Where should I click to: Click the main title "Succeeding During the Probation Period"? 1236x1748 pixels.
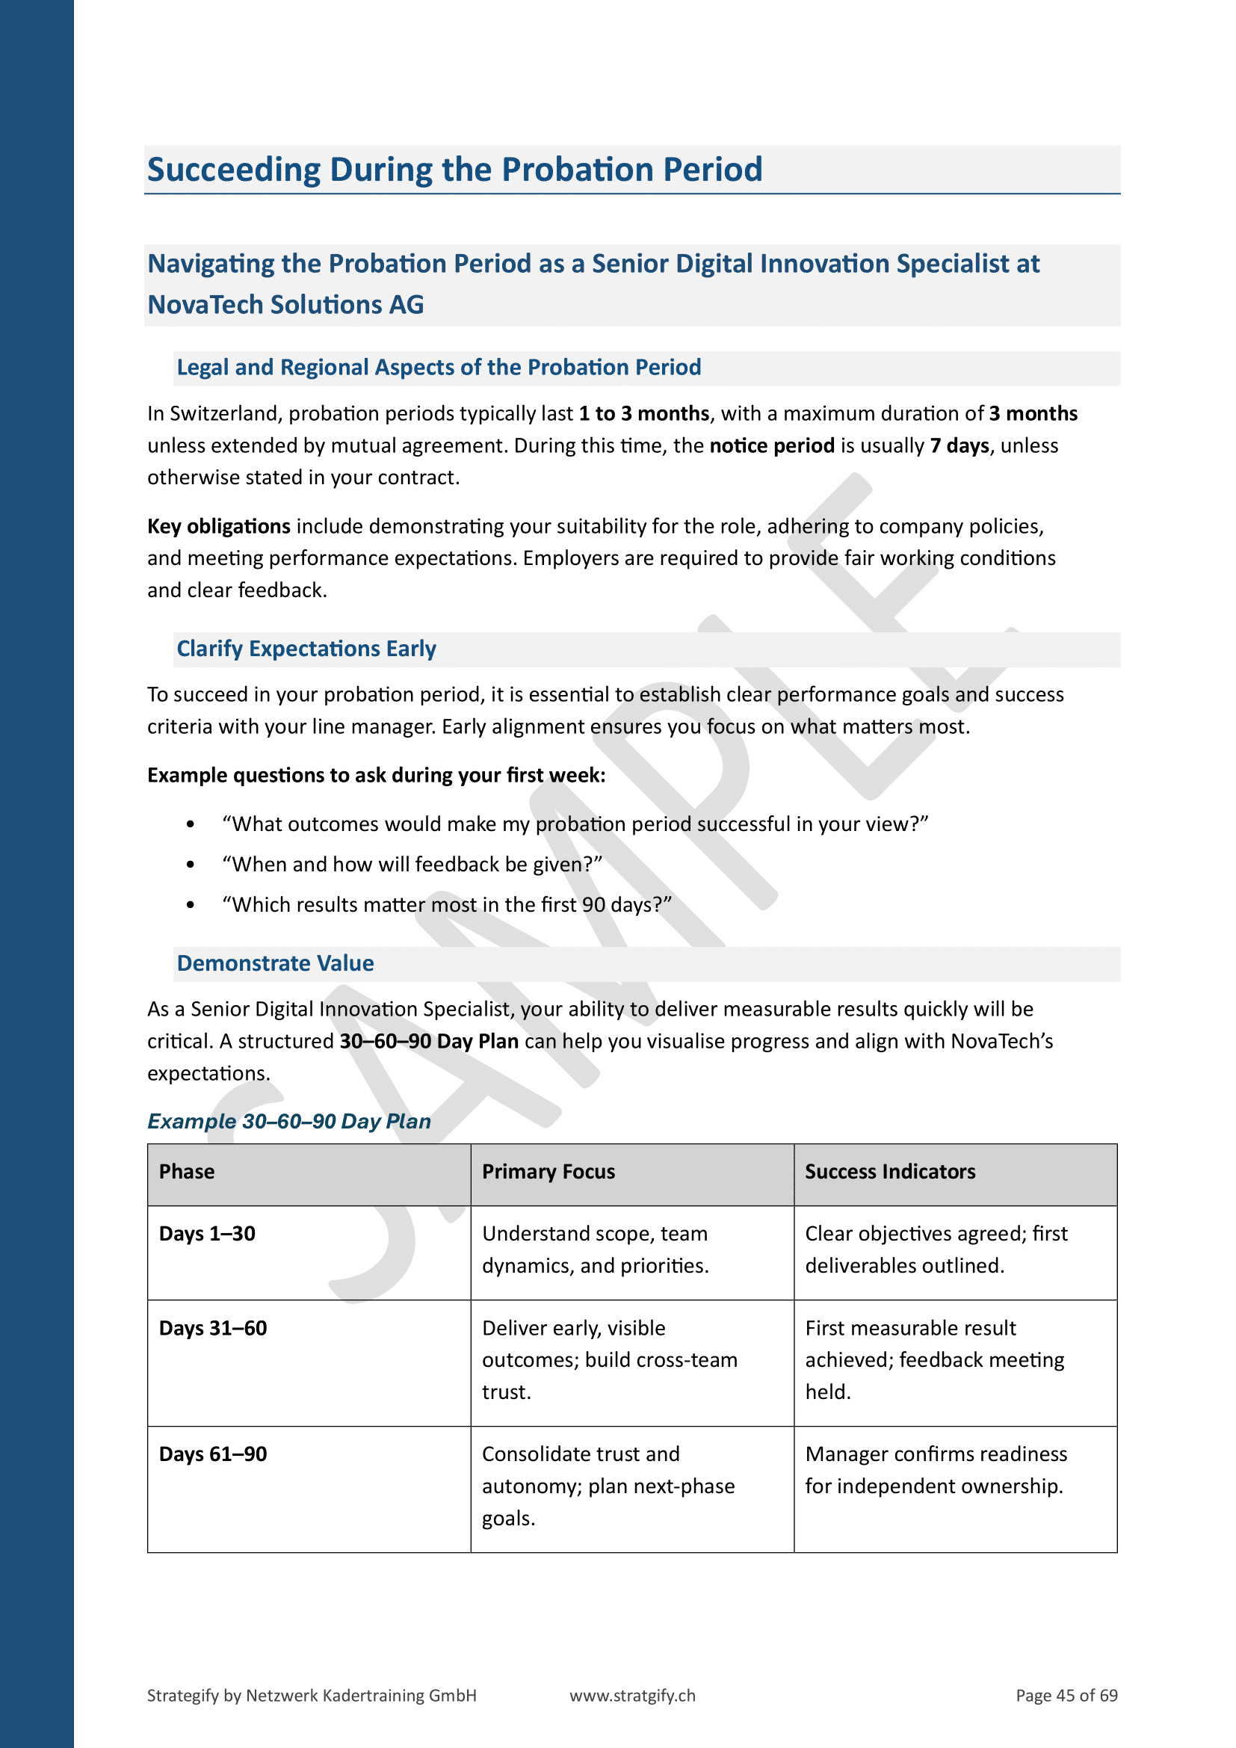(x=454, y=170)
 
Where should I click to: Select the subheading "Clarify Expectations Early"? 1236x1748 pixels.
(x=306, y=649)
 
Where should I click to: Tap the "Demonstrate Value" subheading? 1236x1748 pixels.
(x=275, y=963)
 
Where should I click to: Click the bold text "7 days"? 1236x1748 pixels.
(x=959, y=445)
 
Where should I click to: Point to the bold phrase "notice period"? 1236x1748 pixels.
(x=772, y=445)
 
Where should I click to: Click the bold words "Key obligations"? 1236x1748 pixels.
(x=218, y=526)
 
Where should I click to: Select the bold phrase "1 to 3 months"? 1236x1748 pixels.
(x=644, y=413)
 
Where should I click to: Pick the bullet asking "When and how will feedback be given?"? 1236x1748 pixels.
(x=412, y=864)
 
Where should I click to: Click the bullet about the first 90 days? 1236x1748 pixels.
(x=447, y=904)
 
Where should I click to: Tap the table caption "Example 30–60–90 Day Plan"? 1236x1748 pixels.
(x=289, y=1122)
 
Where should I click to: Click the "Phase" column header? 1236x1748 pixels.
(x=187, y=1172)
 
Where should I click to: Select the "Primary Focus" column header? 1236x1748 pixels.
(x=548, y=1172)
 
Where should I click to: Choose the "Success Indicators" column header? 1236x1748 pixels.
(x=890, y=1172)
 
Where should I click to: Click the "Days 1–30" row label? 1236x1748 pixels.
(x=207, y=1233)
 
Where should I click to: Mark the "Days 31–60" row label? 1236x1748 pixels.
(x=213, y=1328)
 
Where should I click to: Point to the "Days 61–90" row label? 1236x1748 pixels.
(x=213, y=1454)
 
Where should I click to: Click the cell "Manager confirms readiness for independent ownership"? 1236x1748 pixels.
(x=936, y=1470)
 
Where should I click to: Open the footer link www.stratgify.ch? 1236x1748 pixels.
(x=632, y=1696)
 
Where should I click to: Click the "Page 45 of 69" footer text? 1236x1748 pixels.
(x=1066, y=1696)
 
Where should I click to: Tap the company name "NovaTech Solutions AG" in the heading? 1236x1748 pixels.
(x=285, y=304)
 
